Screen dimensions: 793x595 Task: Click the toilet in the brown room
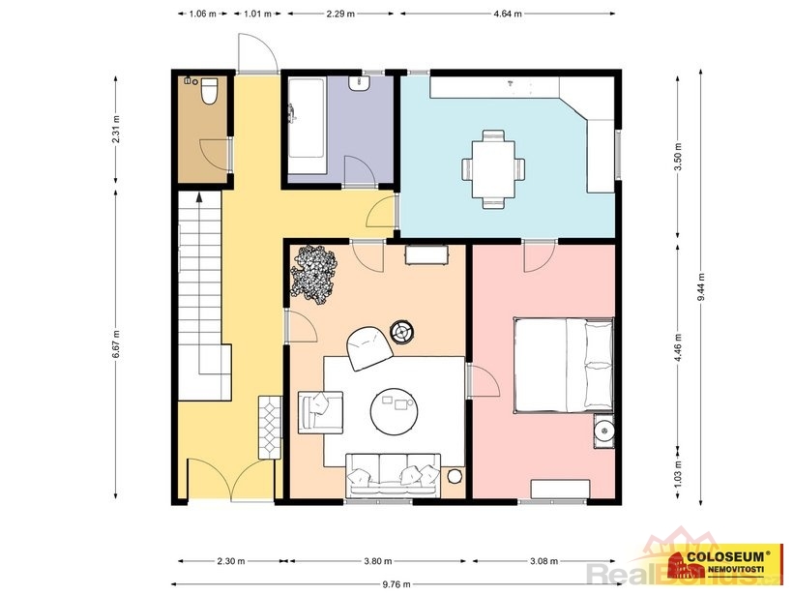[209, 91]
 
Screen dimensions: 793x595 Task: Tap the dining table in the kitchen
[493, 169]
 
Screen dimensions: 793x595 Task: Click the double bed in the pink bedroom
[564, 365]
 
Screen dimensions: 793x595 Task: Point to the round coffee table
[395, 410]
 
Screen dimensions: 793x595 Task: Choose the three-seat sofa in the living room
[394, 476]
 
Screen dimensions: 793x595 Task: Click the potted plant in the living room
[314, 275]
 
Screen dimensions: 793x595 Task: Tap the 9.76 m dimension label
[396, 584]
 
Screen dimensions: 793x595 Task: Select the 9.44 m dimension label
[701, 287]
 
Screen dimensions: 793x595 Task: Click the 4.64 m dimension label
[508, 14]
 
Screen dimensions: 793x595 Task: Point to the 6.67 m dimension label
[116, 344]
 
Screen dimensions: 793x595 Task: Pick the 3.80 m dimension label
[378, 560]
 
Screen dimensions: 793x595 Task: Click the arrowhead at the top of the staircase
[199, 196]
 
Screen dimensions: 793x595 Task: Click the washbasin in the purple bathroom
[360, 83]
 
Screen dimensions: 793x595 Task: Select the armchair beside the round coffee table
[321, 412]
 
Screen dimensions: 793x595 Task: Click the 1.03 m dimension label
[678, 471]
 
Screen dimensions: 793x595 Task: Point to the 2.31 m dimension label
[116, 130]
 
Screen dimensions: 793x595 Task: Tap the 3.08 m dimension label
[543, 560]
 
